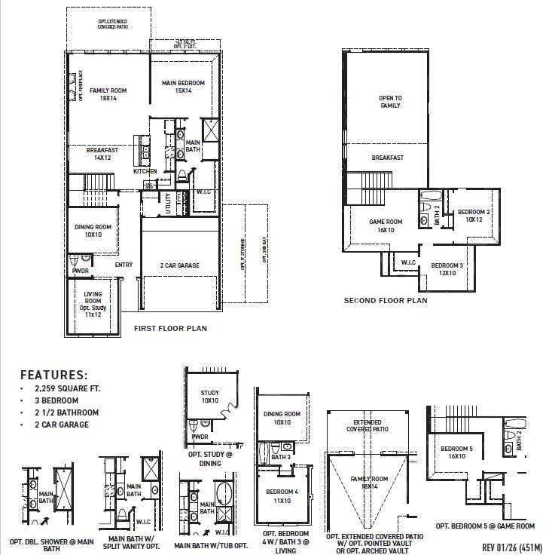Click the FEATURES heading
(x=53, y=375)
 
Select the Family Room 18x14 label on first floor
(x=108, y=94)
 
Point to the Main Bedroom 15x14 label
(x=183, y=87)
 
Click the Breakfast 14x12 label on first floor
(x=102, y=154)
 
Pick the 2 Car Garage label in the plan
(x=179, y=265)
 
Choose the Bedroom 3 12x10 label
(x=447, y=269)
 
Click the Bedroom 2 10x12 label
(x=474, y=216)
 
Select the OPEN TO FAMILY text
(x=389, y=102)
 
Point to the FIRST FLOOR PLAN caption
(x=170, y=329)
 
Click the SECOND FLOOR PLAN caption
(x=386, y=300)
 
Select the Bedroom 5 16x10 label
(x=457, y=453)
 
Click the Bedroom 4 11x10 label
(x=282, y=495)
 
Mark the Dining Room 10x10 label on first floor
(x=93, y=231)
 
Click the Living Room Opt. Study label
(x=93, y=303)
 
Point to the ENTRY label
(x=124, y=265)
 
